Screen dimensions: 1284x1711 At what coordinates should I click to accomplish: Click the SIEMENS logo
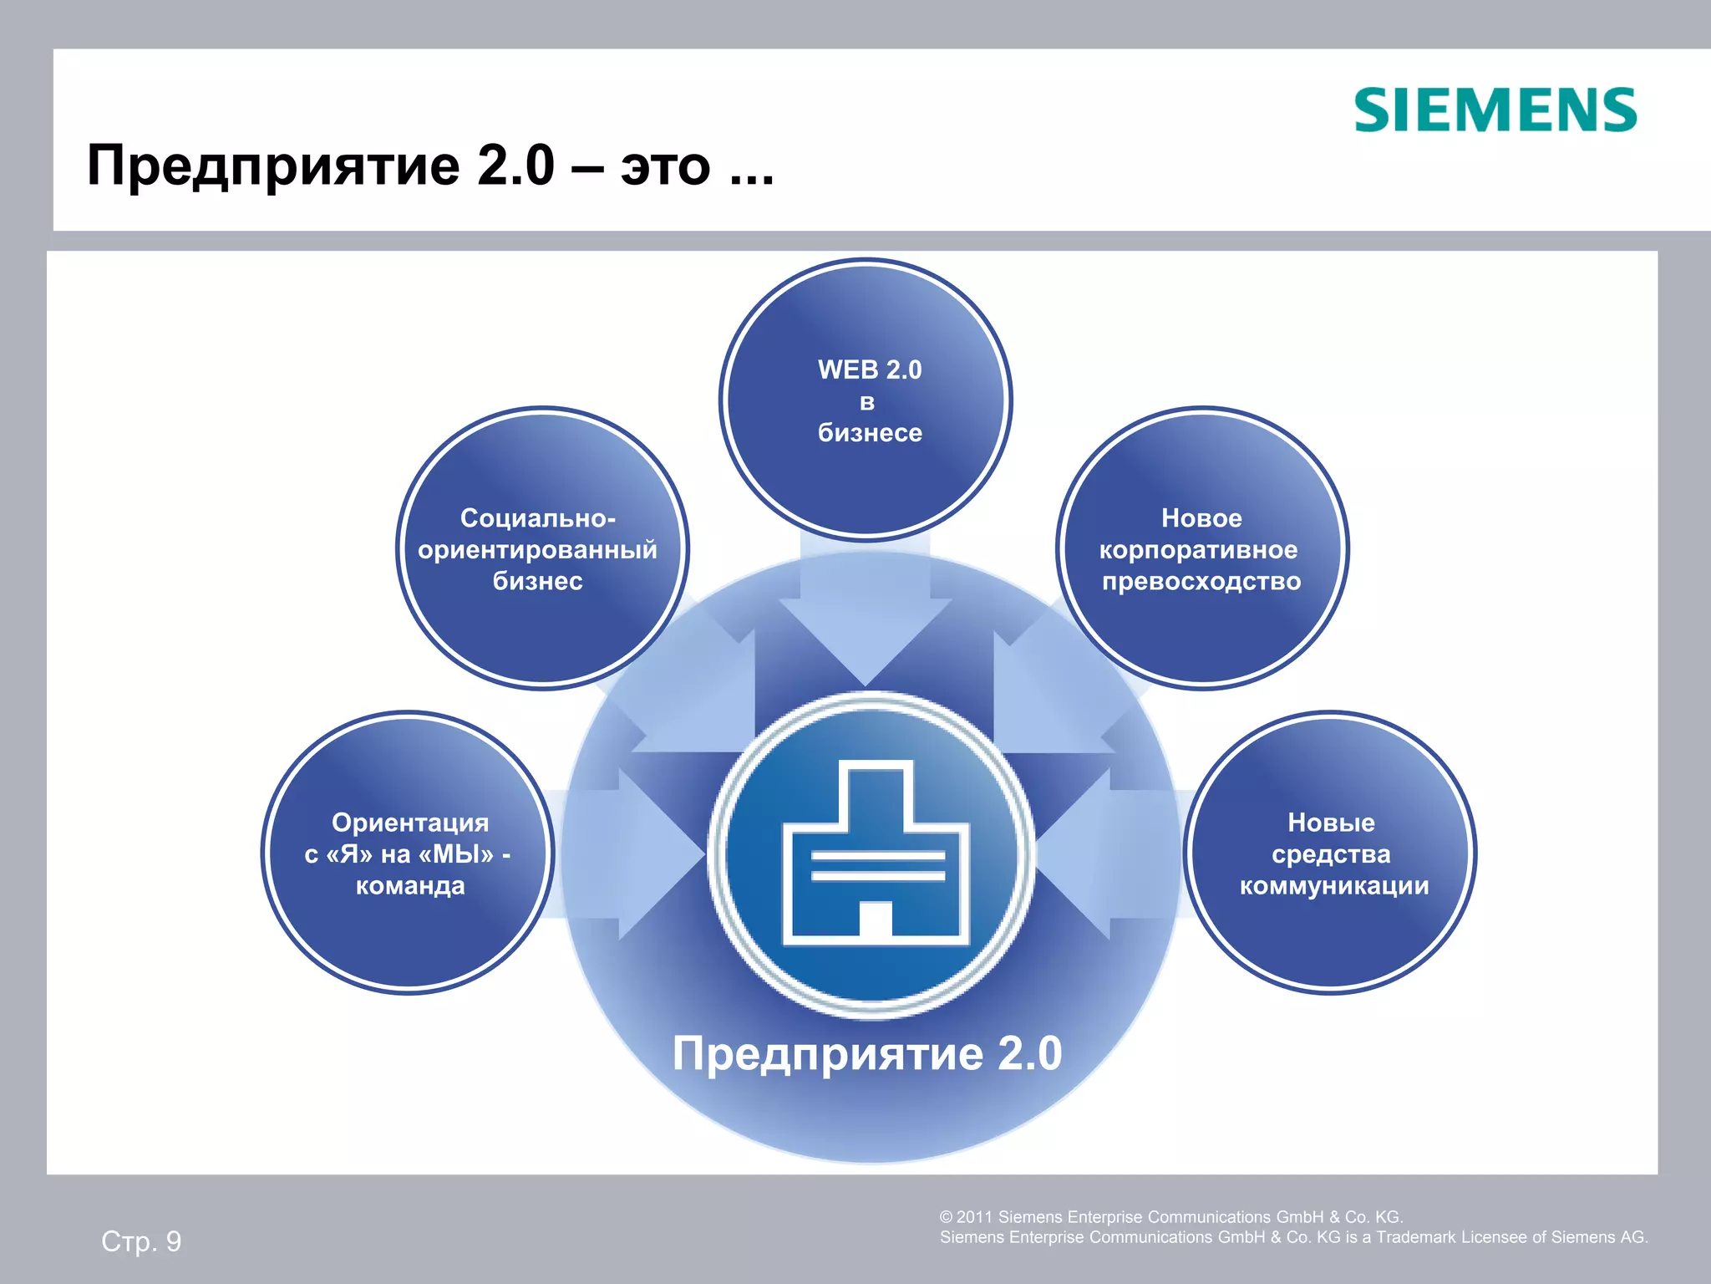pos(1495,110)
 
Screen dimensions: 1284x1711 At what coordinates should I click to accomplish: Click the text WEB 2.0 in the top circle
pos(869,369)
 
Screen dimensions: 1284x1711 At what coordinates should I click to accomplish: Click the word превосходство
pos(1201,581)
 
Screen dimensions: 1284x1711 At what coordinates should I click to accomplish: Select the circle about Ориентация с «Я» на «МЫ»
pos(408,928)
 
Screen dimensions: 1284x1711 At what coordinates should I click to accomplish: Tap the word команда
pos(409,885)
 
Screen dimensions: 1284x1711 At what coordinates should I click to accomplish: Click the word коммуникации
pos(1333,885)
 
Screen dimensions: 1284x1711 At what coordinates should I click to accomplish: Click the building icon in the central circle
pos(875,853)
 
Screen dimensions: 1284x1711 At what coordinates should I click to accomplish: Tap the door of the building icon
pos(875,919)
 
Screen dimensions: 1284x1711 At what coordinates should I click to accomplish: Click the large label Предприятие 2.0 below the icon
pos(867,1052)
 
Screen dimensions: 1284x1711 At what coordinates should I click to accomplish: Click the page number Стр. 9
pos(141,1241)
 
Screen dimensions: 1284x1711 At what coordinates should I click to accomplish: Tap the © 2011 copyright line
pos(1170,1217)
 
